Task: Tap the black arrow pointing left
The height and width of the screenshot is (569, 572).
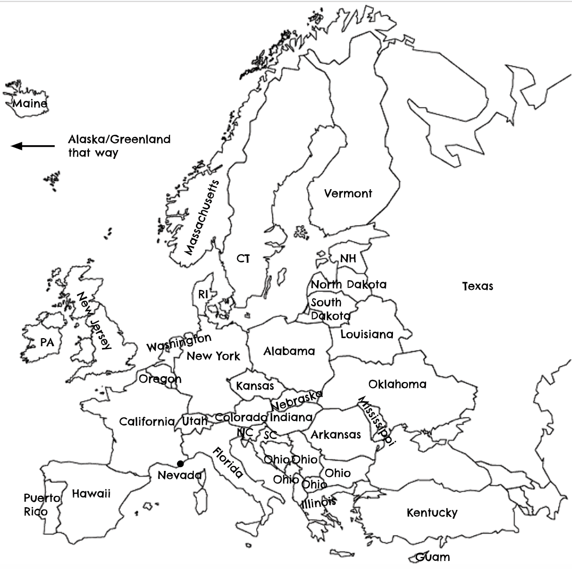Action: pos(33,146)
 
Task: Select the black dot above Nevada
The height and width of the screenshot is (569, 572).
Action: pos(180,463)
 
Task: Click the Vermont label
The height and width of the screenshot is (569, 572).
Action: pos(348,193)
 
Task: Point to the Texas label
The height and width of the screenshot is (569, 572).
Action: pos(478,286)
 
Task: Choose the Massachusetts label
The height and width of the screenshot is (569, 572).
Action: pos(202,216)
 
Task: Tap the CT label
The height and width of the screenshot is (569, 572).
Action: pos(243,259)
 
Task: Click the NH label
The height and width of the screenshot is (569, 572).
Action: pos(348,258)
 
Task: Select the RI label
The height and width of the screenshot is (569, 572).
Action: pos(203,294)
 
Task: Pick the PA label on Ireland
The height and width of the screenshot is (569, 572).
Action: pos(47,342)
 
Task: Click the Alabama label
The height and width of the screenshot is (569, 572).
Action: pos(289,351)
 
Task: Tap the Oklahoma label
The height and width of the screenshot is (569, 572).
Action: pos(397,384)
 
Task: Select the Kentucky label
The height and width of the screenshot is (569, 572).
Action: pos(432,513)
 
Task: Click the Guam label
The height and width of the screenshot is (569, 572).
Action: pos(433,557)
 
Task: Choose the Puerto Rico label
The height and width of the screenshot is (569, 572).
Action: pos(36,505)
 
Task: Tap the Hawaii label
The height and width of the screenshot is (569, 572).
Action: pos(91,494)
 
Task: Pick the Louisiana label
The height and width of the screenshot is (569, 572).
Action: pos(367,334)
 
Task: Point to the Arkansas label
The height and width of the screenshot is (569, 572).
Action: pos(335,435)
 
